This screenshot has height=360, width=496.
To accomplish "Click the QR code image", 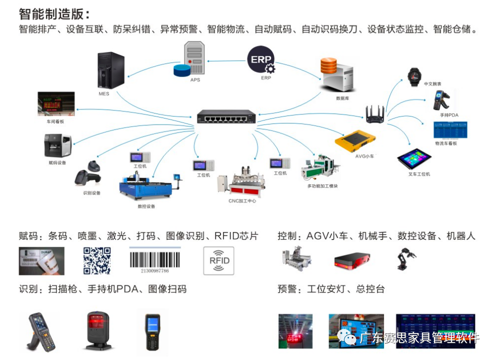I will pyautogui.click(x=96, y=261).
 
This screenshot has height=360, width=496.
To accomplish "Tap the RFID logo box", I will pyautogui.click(x=218, y=260).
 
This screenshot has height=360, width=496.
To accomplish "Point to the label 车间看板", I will pyautogui.click(x=55, y=121).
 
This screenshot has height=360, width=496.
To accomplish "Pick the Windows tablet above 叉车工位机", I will pyautogui.click(x=414, y=159).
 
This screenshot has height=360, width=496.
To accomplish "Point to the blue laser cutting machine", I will pyautogui.click(x=145, y=187).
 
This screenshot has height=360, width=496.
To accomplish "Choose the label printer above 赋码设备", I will pyautogui.click(x=57, y=146).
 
